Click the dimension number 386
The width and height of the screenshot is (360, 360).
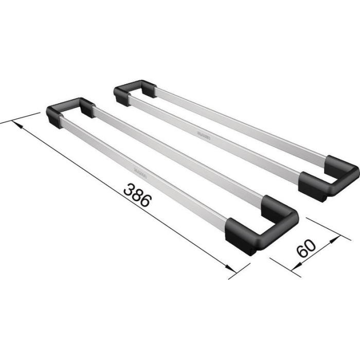(x=137, y=195)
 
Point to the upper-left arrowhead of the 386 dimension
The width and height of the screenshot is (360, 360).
(x=15, y=123)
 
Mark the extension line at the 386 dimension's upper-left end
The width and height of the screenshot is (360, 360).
(x=21, y=117)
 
